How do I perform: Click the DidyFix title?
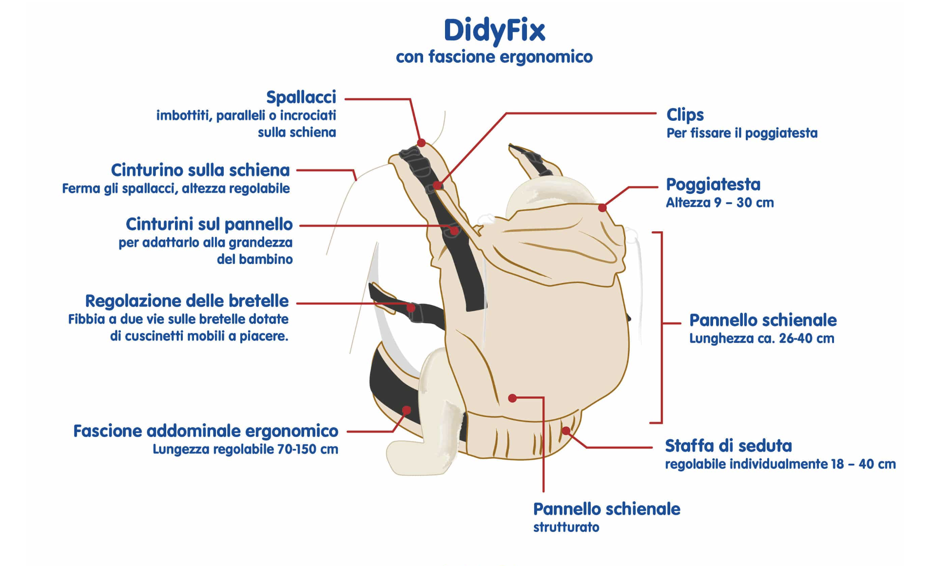[494, 31]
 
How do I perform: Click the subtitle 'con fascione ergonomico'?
[494, 57]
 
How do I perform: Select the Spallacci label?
[301, 97]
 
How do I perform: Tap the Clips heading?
[685, 115]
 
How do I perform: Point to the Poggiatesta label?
[713, 185]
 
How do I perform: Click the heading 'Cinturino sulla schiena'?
[200, 170]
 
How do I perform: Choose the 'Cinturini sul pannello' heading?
[209, 224]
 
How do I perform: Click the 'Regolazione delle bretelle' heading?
[187, 301]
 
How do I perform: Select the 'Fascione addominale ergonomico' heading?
[206, 431]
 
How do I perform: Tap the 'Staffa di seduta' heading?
[728, 446]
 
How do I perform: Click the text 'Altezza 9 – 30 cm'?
[719, 203]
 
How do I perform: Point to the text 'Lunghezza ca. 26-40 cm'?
[761, 339]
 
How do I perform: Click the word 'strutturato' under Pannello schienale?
[566, 527]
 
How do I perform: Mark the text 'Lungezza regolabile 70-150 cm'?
[245, 449]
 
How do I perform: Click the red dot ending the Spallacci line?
[421, 143]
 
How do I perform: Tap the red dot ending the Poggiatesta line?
[602, 208]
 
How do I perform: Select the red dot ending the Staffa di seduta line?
[566, 431]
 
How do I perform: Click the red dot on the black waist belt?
[407, 410]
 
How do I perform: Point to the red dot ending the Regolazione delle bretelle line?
[411, 308]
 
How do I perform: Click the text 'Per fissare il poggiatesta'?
[742, 133]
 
